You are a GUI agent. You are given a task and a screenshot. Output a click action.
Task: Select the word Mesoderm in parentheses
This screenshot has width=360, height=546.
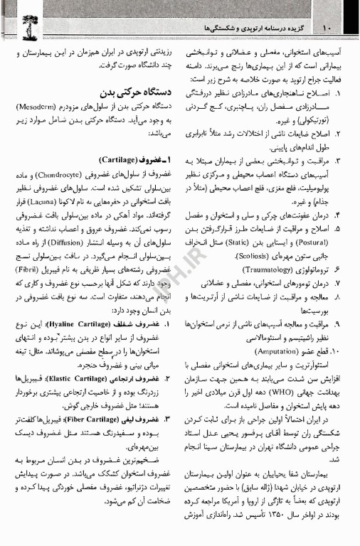(x=46, y=107)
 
